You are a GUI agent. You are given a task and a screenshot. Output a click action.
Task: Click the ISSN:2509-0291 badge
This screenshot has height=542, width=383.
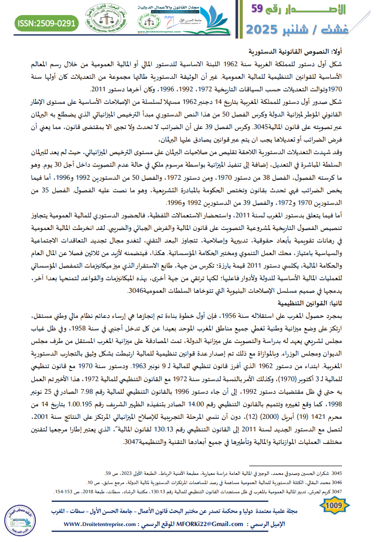click(x=47, y=22)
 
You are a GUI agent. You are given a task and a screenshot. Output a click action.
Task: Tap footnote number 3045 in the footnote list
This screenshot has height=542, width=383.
click(x=368, y=473)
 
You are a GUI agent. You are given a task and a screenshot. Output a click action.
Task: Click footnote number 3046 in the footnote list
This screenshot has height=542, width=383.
click(x=368, y=482)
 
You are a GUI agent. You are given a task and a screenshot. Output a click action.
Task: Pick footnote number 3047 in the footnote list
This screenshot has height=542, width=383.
click(x=368, y=491)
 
